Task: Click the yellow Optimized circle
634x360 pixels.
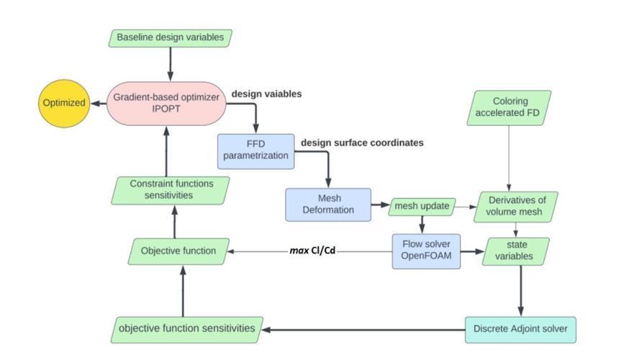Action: pyautogui.click(x=64, y=103)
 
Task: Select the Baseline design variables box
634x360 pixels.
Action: pyautogui.click(x=171, y=37)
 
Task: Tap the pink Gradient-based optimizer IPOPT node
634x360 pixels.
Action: pyautogui.click(x=166, y=103)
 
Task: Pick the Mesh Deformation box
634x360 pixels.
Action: pyautogui.click(x=328, y=204)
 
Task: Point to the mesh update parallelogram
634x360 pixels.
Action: pyautogui.click(x=422, y=207)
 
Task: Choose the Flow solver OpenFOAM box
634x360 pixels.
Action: pyautogui.click(x=426, y=251)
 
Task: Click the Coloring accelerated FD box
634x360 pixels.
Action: pyautogui.click(x=509, y=107)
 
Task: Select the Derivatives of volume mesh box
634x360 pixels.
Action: pyautogui.click(x=515, y=207)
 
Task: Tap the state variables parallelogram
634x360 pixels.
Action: pyautogui.click(x=515, y=251)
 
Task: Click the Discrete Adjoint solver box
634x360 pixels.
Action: pyautogui.click(x=520, y=330)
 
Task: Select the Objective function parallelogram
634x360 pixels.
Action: pyautogui.click(x=178, y=251)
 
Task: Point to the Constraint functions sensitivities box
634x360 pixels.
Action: pyautogui.click(x=171, y=190)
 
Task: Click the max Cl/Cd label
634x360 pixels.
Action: pyautogui.click(x=312, y=251)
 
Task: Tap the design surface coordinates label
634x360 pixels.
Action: pyautogui.click(x=362, y=143)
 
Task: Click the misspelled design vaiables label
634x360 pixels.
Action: pyautogui.click(x=266, y=94)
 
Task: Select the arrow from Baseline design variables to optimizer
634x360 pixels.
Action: pyautogui.click(x=171, y=64)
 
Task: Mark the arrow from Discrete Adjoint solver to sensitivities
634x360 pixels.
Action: pyautogui.click(x=364, y=330)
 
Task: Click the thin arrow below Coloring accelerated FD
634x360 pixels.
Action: pyautogui.click(x=509, y=158)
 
